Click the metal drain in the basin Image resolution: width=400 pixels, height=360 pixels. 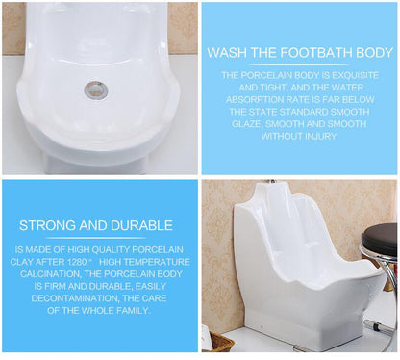tap(96, 90)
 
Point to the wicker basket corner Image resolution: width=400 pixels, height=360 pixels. tap(220, 342)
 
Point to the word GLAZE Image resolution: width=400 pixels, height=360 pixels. tap(249, 124)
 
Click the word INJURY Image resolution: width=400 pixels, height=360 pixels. tap(317, 136)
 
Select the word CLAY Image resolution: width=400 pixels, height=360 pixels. tap(30, 261)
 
